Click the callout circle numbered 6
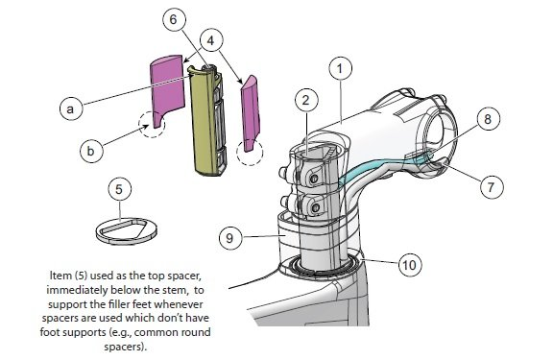click(x=174, y=19)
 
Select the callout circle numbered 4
click(x=211, y=40)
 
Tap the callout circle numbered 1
click(x=340, y=68)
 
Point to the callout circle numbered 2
click(x=306, y=100)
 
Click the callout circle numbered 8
click(x=488, y=119)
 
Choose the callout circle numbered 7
click(x=492, y=187)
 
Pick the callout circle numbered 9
click(x=230, y=238)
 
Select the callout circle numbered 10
click(x=410, y=264)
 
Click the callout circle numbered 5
click(x=119, y=189)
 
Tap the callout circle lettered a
click(x=71, y=108)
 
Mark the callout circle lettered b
click(x=91, y=151)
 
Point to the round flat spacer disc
click(x=127, y=231)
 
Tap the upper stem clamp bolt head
click(x=314, y=179)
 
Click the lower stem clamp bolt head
click(x=316, y=208)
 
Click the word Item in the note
click(x=60, y=276)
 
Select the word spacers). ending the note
click(x=125, y=347)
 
